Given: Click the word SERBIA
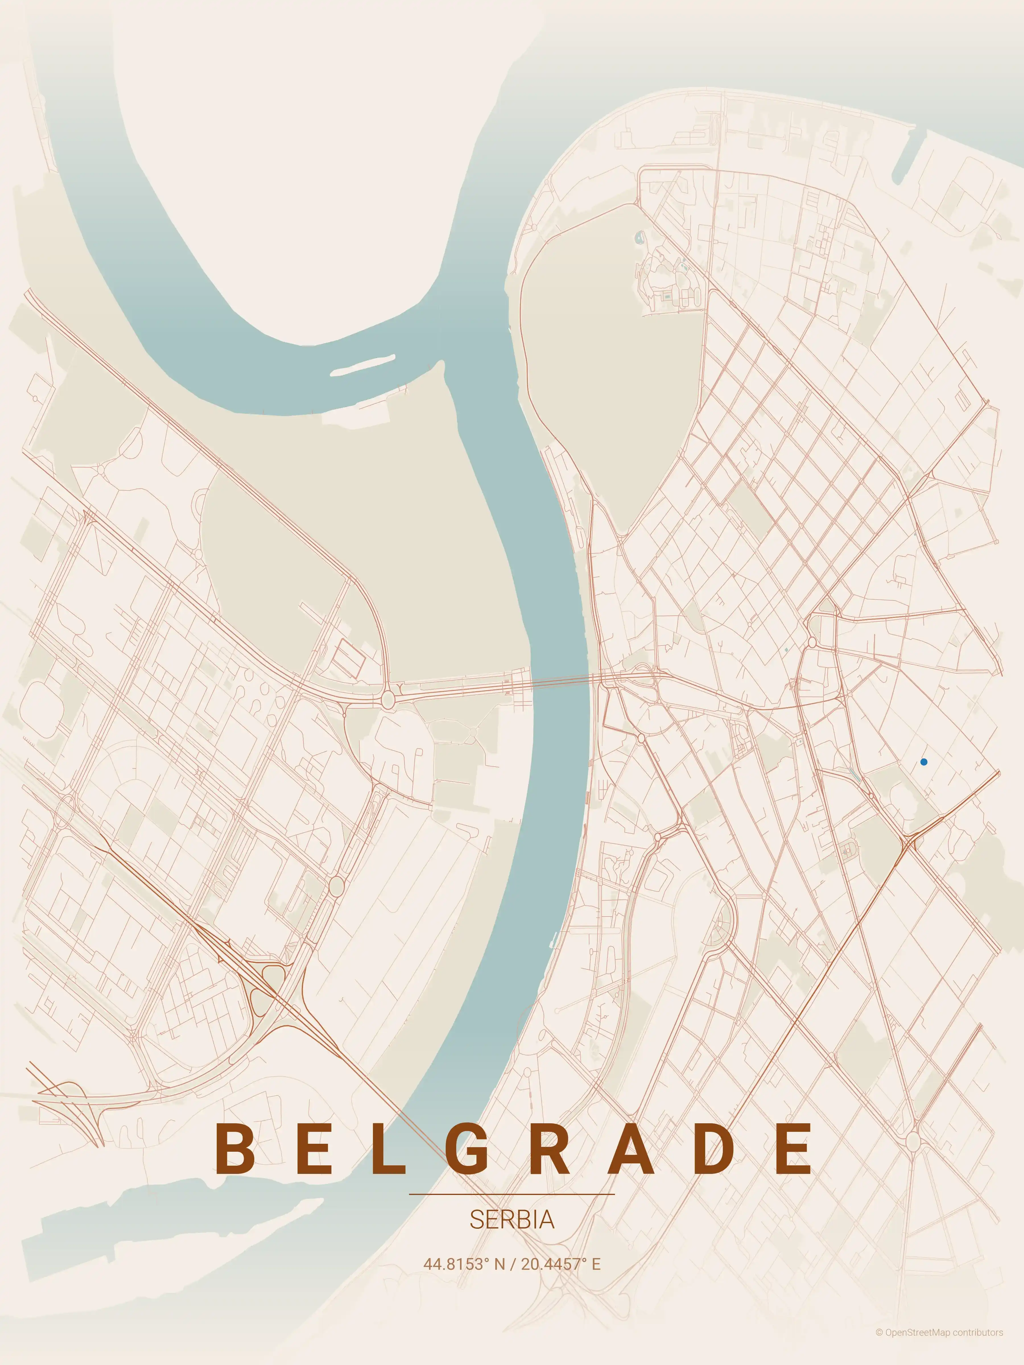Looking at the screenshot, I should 512,1219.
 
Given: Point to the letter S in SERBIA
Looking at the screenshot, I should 476,1219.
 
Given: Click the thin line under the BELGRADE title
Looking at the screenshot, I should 512,1194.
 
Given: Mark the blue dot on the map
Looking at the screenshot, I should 923,762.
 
